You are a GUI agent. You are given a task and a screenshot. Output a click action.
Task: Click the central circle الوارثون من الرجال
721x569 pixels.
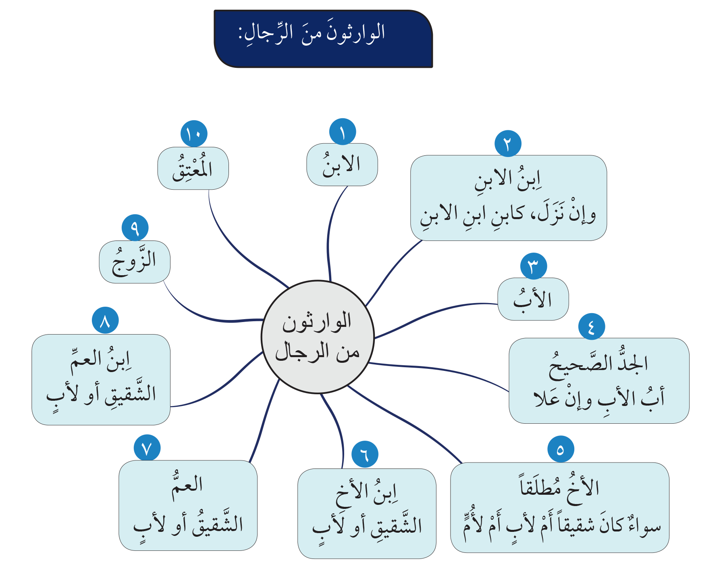pyautogui.click(x=318, y=337)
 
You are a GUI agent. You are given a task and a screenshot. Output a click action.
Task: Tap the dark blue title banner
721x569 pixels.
pyautogui.click(x=323, y=39)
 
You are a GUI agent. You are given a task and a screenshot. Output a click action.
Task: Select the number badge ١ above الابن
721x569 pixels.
pyautogui.click(x=343, y=132)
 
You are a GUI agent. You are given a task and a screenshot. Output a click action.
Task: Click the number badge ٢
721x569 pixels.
pyautogui.click(x=508, y=143)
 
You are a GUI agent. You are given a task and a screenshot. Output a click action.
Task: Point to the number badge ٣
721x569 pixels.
pyautogui.click(x=534, y=266)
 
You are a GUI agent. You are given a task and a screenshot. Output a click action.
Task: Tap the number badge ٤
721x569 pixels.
pyautogui.click(x=592, y=326)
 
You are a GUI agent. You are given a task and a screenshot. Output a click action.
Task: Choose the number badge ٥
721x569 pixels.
pyautogui.click(x=561, y=449)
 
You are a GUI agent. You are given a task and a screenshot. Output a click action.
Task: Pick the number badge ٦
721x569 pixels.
pyautogui.click(x=365, y=454)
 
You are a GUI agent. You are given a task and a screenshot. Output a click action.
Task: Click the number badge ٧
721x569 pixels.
pyautogui.click(x=147, y=448)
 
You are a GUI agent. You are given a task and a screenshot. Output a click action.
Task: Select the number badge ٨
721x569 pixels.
pyautogui.click(x=105, y=320)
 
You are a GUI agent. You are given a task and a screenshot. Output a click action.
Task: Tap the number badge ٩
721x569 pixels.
pyautogui.click(x=135, y=228)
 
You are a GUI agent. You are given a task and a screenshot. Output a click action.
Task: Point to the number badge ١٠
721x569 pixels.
pyautogui.click(x=194, y=134)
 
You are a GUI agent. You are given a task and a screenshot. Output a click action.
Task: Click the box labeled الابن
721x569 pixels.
pyautogui.click(x=342, y=165)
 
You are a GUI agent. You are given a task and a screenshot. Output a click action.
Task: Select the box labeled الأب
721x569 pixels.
pyautogui.click(x=533, y=299)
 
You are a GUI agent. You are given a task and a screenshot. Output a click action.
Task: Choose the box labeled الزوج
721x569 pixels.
pyautogui.click(x=135, y=262)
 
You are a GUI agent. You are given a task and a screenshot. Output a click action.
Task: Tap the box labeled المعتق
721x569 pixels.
pyautogui.click(x=193, y=168)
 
